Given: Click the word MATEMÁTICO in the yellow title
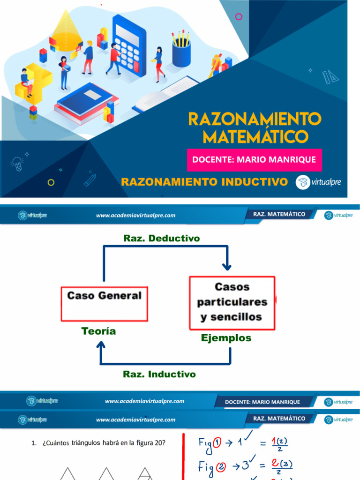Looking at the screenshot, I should point(256,136).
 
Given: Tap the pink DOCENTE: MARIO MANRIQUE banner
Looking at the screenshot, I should point(254,159).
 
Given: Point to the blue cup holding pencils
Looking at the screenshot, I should point(181,52).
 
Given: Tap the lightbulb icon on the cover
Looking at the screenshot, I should point(17,163).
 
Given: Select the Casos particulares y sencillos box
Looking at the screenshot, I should point(232,302).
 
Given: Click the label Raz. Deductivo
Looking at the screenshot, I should point(161,238).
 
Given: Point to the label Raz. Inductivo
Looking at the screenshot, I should point(159,374).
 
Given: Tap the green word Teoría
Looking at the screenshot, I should point(98,331).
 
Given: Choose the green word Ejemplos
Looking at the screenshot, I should point(226,337).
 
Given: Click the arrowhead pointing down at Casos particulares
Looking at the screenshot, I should point(227,266).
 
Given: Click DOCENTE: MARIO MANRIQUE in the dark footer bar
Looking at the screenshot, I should point(262,402).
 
